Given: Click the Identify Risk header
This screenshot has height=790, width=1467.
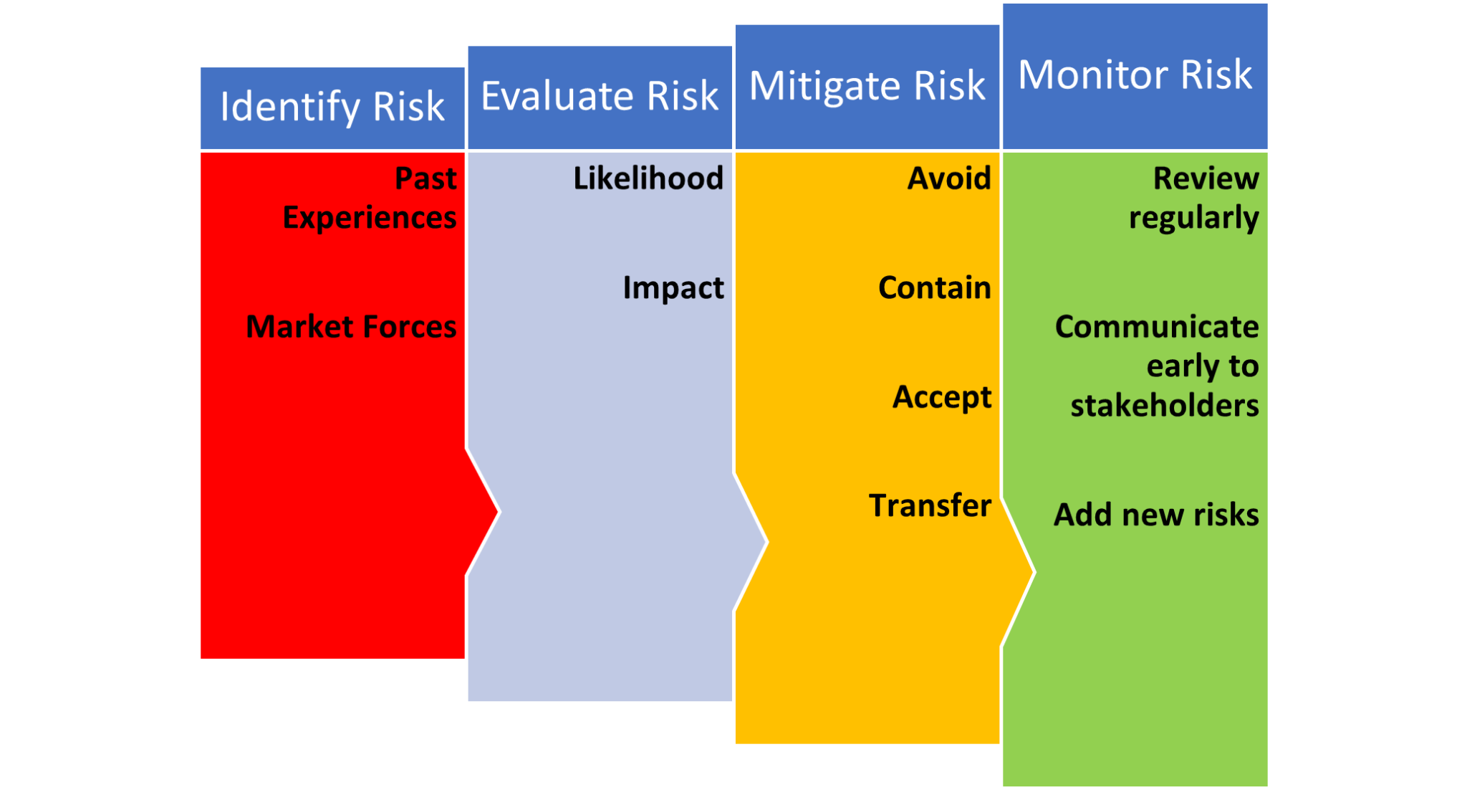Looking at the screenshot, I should pyautogui.click(x=332, y=108).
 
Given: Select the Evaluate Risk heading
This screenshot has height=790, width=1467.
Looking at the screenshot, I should pyautogui.click(x=600, y=96).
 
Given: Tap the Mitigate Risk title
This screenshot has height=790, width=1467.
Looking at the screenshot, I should pyautogui.click(x=867, y=86).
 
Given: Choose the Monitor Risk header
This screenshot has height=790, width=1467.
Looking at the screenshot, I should pyautogui.click(x=1135, y=75).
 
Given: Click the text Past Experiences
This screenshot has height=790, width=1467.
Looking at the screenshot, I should pyautogui.click(x=370, y=198).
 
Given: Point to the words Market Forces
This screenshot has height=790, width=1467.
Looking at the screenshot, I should pyautogui.click(x=351, y=327).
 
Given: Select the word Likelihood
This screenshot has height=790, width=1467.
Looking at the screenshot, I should pyautogui.click(x=648, y=179).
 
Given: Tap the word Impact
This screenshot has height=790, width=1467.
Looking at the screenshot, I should pyautogui.click(x=673, y=288).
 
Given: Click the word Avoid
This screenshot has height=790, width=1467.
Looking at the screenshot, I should pyautogui.click(x=949, y=179).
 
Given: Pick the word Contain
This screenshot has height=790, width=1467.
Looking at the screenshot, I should pyautogui.click(x=935, y=288).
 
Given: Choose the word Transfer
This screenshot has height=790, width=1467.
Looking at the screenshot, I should pyautogui.click(x=930, y=506).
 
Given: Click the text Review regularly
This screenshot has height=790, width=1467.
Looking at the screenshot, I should pyautogui.click(x=1194, y=198).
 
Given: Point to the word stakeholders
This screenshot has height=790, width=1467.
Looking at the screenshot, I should pyautogui.click(x=1165, y=406).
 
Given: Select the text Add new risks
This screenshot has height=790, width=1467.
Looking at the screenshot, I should pyautogui.click(x=1156, y=515).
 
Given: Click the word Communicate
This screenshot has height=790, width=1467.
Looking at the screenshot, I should pyautogui.click(x=1157, y=327).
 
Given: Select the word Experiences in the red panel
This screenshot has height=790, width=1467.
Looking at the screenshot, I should pyautogui.click(x=370, y=218).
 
